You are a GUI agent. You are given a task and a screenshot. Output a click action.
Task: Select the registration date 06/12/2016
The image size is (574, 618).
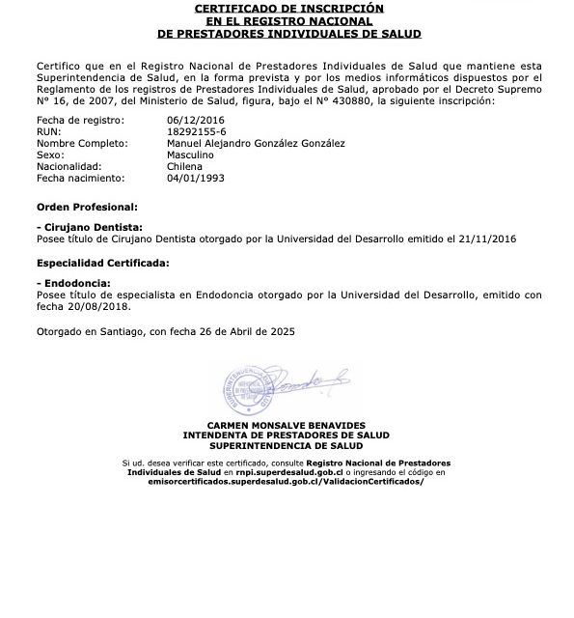(195, 120)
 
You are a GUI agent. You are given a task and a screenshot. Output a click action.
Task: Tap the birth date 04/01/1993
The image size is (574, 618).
(195, 178)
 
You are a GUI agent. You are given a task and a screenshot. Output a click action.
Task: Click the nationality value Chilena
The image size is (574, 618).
(184, 166)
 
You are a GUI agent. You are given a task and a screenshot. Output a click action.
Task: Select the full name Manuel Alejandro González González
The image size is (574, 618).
(256, 143)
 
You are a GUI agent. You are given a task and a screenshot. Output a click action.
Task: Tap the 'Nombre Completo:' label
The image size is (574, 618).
(82, 143)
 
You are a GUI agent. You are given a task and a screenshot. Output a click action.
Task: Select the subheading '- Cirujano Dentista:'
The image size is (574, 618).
(82, 224)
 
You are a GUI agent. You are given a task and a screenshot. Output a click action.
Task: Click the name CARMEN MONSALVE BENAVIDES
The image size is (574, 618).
(287, 426)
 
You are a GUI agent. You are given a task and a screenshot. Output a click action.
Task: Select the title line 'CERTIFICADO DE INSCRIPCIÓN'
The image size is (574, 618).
(288, 8)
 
